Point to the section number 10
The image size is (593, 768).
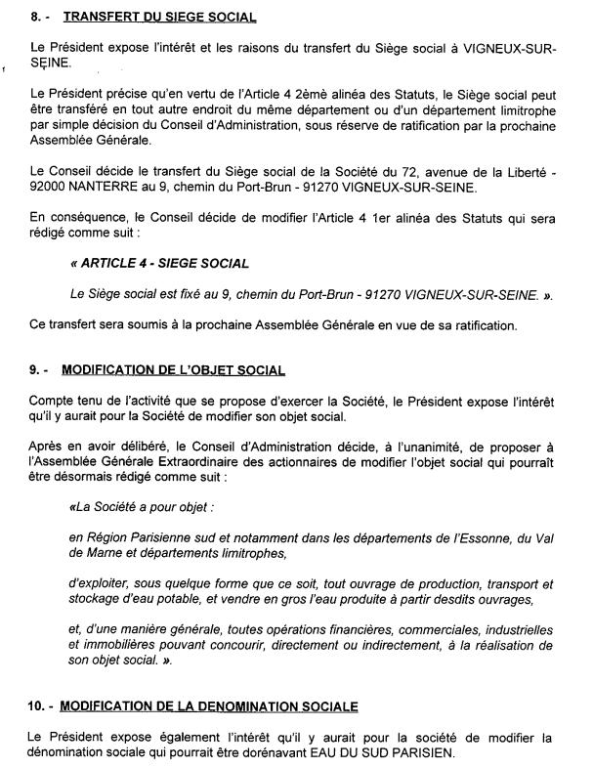pos(39,705)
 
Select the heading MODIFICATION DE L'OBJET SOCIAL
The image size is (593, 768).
pos(173,370)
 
